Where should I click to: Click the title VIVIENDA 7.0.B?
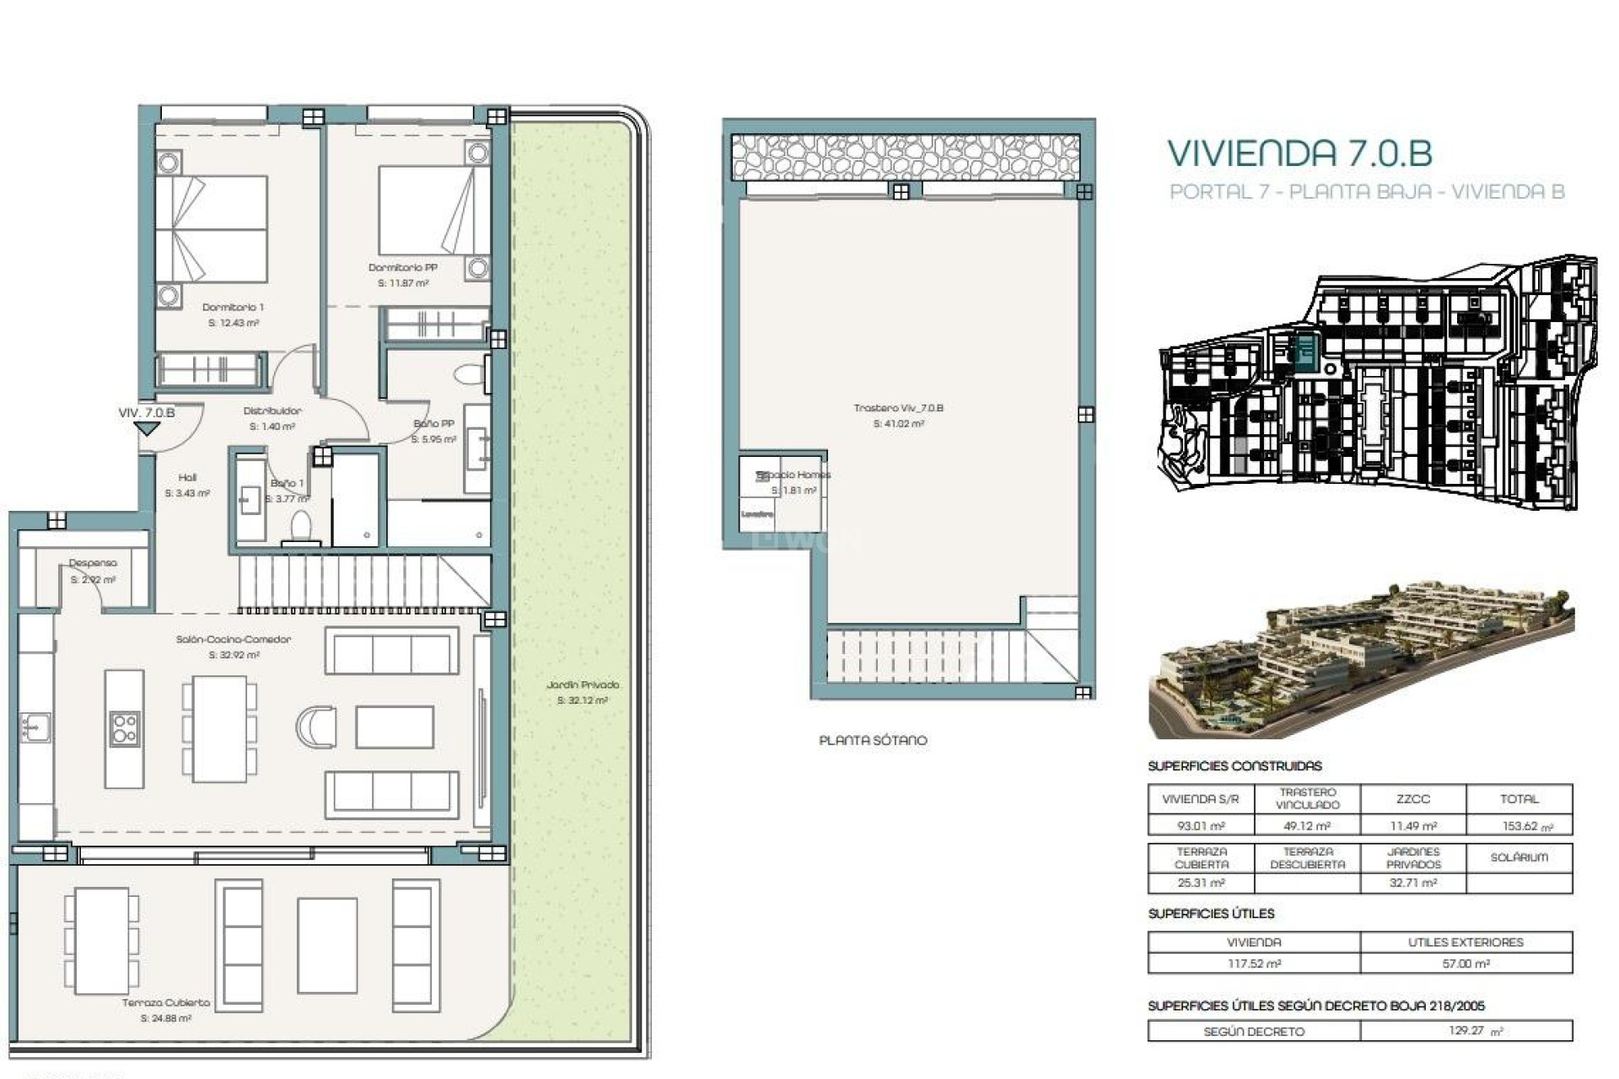(x=1299, y=153)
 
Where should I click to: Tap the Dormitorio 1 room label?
(x=233, y=308)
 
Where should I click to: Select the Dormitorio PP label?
(x=402, y=268)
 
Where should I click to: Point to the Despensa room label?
(x=93, y=563)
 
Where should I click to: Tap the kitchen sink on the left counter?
(x=35, y=727)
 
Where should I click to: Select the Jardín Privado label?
(x=582, y=685)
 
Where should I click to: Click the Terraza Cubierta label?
(x=166, y=1003)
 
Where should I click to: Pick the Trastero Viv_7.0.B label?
(x=898, y=408)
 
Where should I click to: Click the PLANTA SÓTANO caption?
(x=873, y=741)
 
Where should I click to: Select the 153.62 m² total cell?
(x=1519, y=826)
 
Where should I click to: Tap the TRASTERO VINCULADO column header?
(x=1307, y=798)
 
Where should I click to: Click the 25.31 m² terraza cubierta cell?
(x=1201, y=883)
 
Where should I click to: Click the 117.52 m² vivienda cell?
(x=1254, y=964)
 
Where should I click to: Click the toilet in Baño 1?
(x=300, y=529)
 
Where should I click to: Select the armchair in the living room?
(x=317, y=727)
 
